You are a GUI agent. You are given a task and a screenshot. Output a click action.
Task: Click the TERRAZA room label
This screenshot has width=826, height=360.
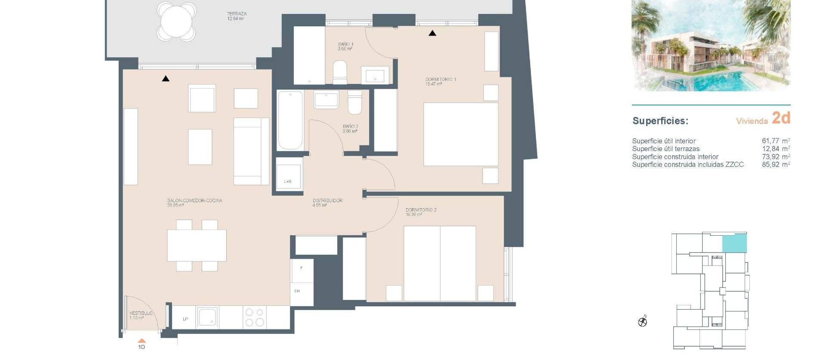tap(236, 16)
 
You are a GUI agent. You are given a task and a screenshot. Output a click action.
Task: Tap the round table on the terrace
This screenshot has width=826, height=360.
tap(176, 21)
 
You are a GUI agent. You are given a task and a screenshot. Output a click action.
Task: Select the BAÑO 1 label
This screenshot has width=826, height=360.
tap(345, 46)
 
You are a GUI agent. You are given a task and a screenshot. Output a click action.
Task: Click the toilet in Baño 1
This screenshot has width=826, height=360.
tap(339, 73)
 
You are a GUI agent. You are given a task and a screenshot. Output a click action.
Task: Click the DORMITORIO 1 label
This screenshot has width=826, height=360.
tap(440, 81)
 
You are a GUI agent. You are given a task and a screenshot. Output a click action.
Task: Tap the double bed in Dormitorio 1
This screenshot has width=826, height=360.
tap(460, 134)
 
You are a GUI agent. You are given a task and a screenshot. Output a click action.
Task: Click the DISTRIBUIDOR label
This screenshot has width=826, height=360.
tap(327, 203)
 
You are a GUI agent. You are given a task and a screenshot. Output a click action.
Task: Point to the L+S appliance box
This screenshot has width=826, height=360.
tap(288, 175)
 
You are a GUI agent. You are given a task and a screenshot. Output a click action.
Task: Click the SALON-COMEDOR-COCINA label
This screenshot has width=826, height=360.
tap(194, 203)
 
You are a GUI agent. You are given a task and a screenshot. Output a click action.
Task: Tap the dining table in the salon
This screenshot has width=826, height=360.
tap(197, 245)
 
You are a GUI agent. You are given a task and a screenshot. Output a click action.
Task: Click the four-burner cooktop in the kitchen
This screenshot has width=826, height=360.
tap(254, 317)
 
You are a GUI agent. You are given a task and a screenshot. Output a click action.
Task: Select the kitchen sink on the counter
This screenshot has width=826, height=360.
tap(208, 317)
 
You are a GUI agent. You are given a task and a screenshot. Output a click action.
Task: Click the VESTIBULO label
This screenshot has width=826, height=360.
tap(141, 315)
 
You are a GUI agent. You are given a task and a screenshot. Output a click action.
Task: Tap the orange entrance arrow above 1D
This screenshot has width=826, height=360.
tap(142, 341)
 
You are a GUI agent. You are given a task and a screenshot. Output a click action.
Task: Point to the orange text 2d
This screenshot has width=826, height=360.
tap(781, 118)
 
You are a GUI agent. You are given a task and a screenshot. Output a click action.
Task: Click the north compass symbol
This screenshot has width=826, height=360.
tap(642, 321)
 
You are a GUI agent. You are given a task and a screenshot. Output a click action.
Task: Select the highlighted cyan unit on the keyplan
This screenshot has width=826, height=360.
tap(734, 243)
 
